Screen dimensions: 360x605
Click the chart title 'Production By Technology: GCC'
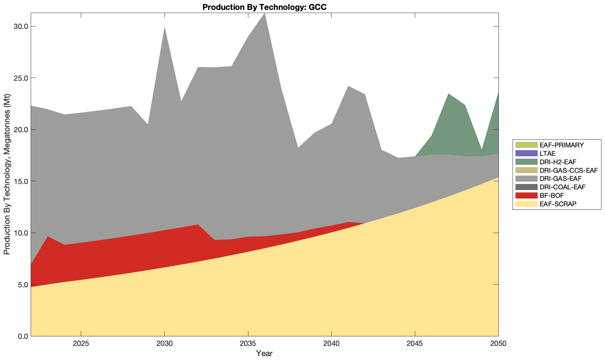(264, 7)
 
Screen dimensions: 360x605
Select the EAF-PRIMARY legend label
(562, 145)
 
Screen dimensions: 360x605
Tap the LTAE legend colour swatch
(526, 153)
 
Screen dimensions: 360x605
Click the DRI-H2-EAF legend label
(558, 162)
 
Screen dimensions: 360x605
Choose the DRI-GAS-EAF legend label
(561, 179)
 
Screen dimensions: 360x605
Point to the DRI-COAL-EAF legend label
(562, 187)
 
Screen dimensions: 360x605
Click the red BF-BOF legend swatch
(526, 195)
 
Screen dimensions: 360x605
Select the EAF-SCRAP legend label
(558, 204)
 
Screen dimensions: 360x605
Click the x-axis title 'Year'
(264, 353)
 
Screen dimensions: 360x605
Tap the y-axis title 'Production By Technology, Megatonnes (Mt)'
(7, 174)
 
